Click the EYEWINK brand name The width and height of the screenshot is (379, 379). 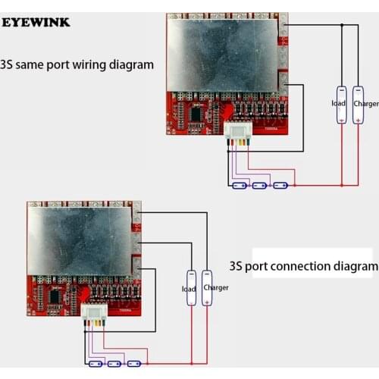pyautogui.click(x=36, y=22)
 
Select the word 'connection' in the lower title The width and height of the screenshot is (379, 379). pyautogui.click(x=298, y=267)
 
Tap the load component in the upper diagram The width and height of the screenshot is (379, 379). pyautogui.click(x=341, y=103)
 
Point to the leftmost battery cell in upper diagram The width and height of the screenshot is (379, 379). pyautogui.click(x=241, y=185)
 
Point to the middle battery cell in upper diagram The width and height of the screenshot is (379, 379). pyautogui.click(x=261, y=185)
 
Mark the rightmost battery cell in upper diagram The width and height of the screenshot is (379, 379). pyautogui.click(x=280, y=185)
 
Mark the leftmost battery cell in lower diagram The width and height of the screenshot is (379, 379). pyautogui.click(x=96, y=364)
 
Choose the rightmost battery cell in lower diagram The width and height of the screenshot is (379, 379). pyautogui.click(x=134, y=364)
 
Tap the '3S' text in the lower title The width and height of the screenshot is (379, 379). pyautogui.click(x=237, y=267)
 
